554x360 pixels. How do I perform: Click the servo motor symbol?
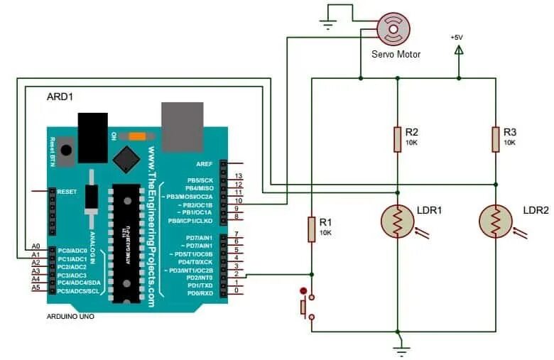point(392,29)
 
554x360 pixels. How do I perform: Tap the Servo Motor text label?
point(396,54)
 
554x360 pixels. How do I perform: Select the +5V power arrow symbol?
point(459,50)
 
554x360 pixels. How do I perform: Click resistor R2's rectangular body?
point(397,138)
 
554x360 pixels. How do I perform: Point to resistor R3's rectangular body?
point(495,138)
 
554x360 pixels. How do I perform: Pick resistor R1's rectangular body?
point(311,229)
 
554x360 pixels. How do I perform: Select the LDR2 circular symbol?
point(495,221)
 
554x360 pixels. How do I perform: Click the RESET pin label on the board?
point(67,192)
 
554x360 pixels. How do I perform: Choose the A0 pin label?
point(36,246)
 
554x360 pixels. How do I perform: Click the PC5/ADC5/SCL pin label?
point(79,290)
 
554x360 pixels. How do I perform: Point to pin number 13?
point(239,175)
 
